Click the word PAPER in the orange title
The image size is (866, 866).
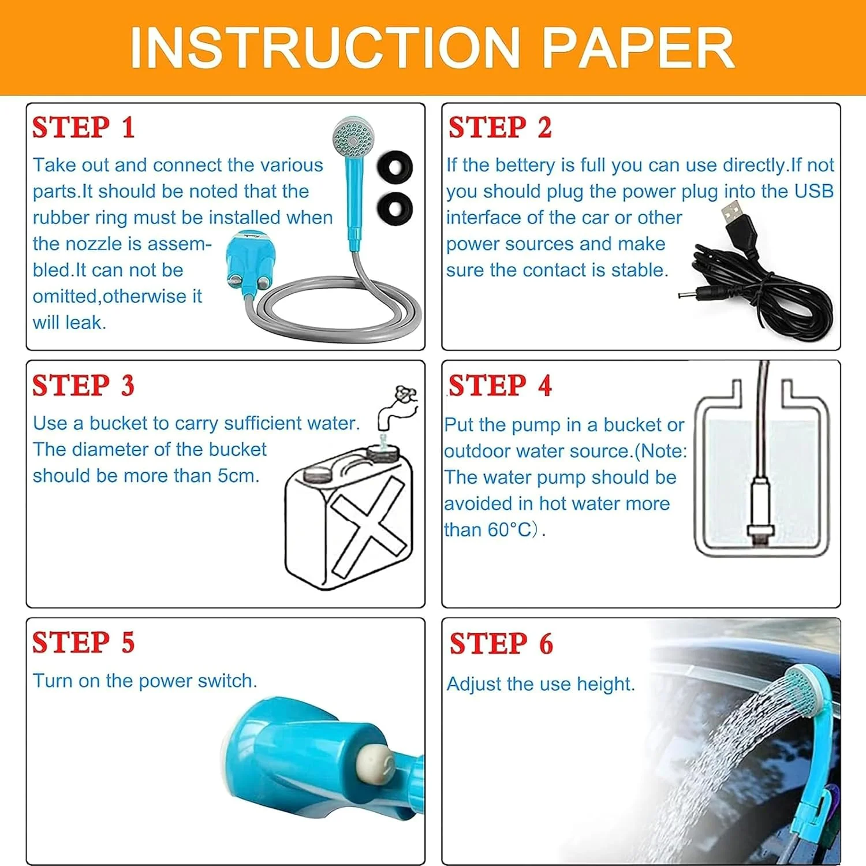[x=639, y=47]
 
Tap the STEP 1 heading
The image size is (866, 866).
[x=84, y=127]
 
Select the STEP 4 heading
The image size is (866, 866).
[x=500, y=385]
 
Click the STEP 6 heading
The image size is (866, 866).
[x=501, y=643]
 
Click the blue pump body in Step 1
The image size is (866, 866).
[x=248, y=260]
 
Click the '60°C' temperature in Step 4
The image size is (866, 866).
[x=510, y=529]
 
